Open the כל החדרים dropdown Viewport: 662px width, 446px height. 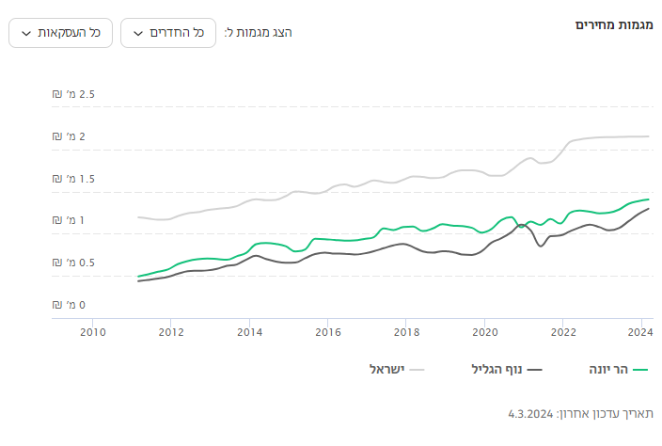(x=168, y=33)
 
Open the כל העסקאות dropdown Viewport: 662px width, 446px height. (x=60, y=33)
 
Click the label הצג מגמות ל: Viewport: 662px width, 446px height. (x=258, y=33)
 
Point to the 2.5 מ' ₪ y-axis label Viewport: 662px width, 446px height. (x=74, y=95)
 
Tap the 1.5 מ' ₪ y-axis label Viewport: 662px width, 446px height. (x=74, y=179)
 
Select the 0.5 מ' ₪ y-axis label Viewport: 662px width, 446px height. (x=74, y=263)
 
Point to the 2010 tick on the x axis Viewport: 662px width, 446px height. (x=92, y=332)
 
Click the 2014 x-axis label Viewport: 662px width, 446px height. (x=249, y=332)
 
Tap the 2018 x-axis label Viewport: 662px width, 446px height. (x=406, y=332)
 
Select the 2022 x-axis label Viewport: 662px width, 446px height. (x=562, y=332)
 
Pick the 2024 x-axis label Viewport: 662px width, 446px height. (x=640, y=332)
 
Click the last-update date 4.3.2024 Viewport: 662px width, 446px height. (x=529, y=414)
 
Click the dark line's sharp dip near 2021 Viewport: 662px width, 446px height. (x=541, y=247)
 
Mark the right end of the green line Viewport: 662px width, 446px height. (x=649, y=199)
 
